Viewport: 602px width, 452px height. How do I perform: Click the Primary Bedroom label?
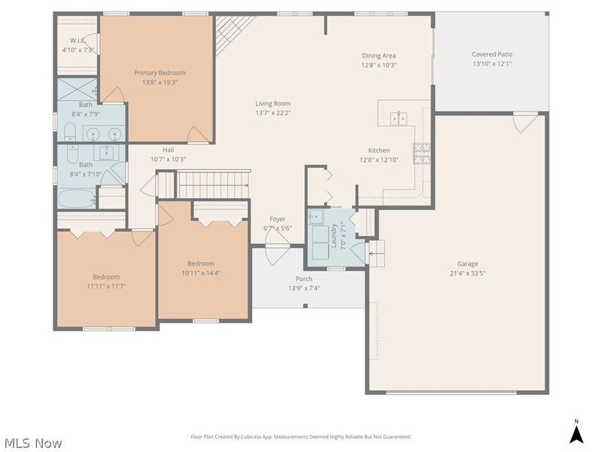tap(160, 72)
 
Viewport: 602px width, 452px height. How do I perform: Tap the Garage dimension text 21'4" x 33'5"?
tap(467, 273)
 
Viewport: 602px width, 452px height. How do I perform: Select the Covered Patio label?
tap(492, 54)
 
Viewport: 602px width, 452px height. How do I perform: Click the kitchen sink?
tap(399, 119)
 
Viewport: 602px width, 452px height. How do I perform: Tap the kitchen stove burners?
tap(422, 154)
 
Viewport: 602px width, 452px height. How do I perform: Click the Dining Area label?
tap(379, 56)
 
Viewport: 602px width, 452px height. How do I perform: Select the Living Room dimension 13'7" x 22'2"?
tap(273, 113)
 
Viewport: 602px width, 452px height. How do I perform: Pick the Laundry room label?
tap(333, 235)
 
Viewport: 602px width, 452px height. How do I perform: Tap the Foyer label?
tap(278, 218)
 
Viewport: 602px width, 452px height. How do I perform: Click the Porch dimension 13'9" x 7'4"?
tap(304, 288)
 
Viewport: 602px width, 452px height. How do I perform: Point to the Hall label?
tap(168, 150)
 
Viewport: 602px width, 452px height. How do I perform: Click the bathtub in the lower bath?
tap(77, 198)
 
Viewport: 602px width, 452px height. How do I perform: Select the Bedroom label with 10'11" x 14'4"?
tap(201, 263)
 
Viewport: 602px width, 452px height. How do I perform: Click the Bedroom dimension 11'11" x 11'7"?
tap(106, 286)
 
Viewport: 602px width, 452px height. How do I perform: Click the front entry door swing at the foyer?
tap(277, 255)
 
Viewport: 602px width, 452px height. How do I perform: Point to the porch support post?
tap(306, 306)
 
